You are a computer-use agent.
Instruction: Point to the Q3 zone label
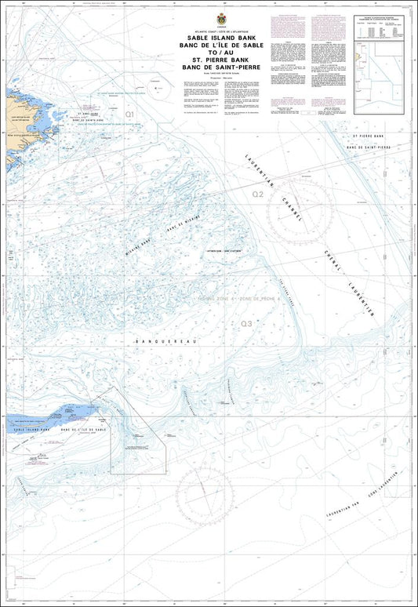pos(246,323)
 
